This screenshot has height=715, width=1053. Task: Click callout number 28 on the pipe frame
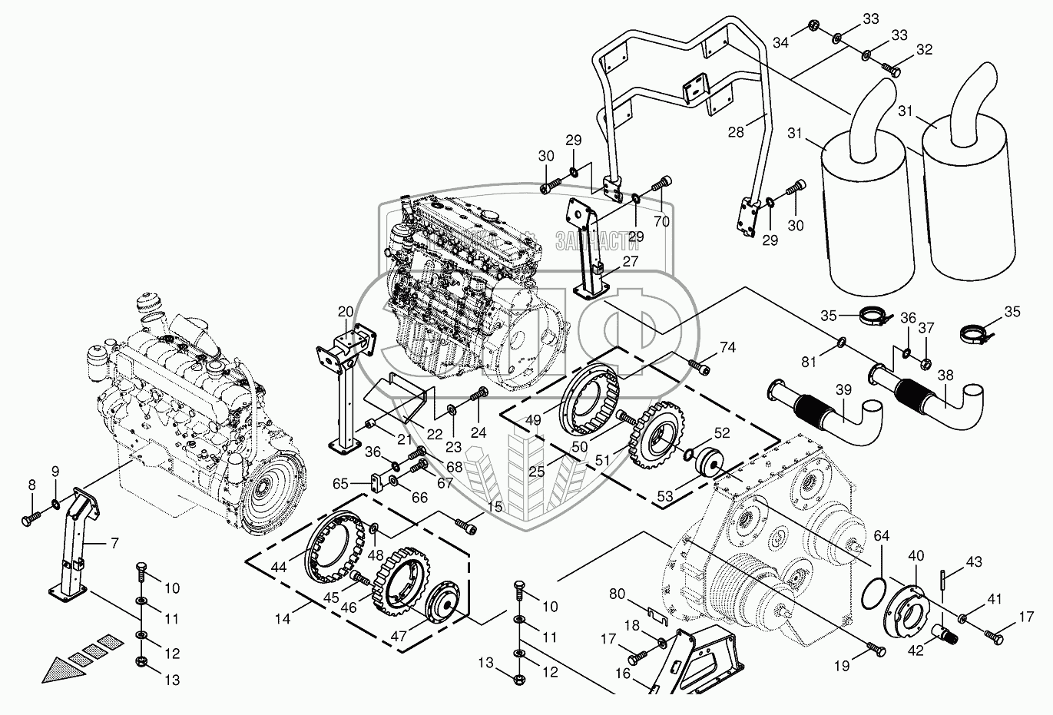point(736,133)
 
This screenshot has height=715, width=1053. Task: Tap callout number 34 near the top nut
point(780,43)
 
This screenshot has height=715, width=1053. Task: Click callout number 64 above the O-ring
point(880,535)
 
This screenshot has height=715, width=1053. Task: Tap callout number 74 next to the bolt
point(727,347)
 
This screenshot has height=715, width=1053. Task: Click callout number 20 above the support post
point(346,312)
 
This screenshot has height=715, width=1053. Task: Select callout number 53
point(664,498)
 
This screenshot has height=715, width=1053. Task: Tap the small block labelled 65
point(376,484)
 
